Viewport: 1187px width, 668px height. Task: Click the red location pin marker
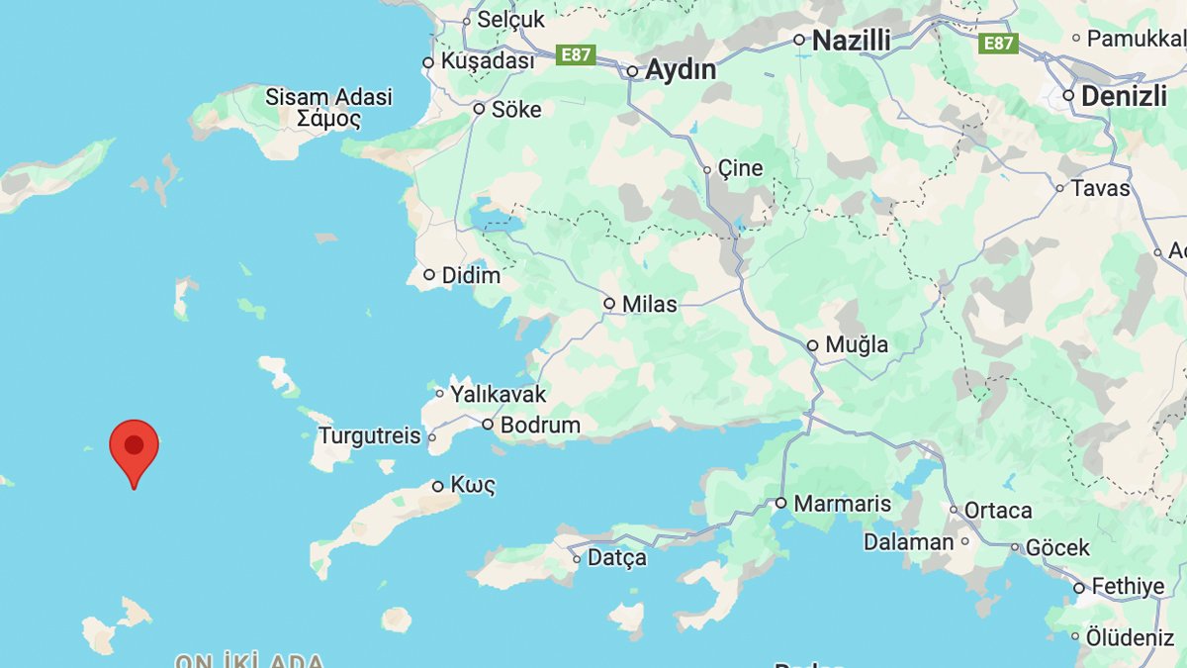pyautogui.click(x=134, y=446)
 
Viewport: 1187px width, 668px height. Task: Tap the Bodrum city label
pyautogui.click(x=540, y=425)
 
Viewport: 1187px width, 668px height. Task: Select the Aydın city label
pyautogui.click(x=681, y=70)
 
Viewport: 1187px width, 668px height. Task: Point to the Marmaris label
pyautogui.click(x=842, y=504)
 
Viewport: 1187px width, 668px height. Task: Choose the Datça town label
pyautogui.click(x=616, y=558)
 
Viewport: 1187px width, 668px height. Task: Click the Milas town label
pyautogui.click(x=649, y=304)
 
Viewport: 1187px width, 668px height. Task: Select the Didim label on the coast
pyautogui.click(x=471, y=275)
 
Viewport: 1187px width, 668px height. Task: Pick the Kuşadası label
pyautogui.click(x=487, y=61)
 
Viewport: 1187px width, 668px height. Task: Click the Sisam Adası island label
pyautogui.click(x=328, y=97)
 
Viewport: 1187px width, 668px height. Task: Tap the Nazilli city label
pyautogui.click(x=851, y=41)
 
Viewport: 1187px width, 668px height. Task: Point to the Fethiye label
pyautogui.click(x=1128, y=587)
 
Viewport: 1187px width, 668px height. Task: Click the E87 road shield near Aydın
pyautogui.click(x=575, y=54)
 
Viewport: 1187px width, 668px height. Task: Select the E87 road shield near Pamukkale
pyautogui.click(x=998, y=43)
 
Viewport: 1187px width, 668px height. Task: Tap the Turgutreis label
pyautogui.click(x=369, y=436)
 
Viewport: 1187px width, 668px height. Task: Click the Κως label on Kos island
pyautogui.click(x=473, y=486)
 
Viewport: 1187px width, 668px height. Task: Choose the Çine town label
pyautogui.click(x=740, y=168)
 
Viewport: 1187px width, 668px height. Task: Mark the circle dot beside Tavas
pyautogui.click(x=1059, y=188)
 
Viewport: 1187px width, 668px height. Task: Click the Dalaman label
pyautogui.click(x=908, y=542)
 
